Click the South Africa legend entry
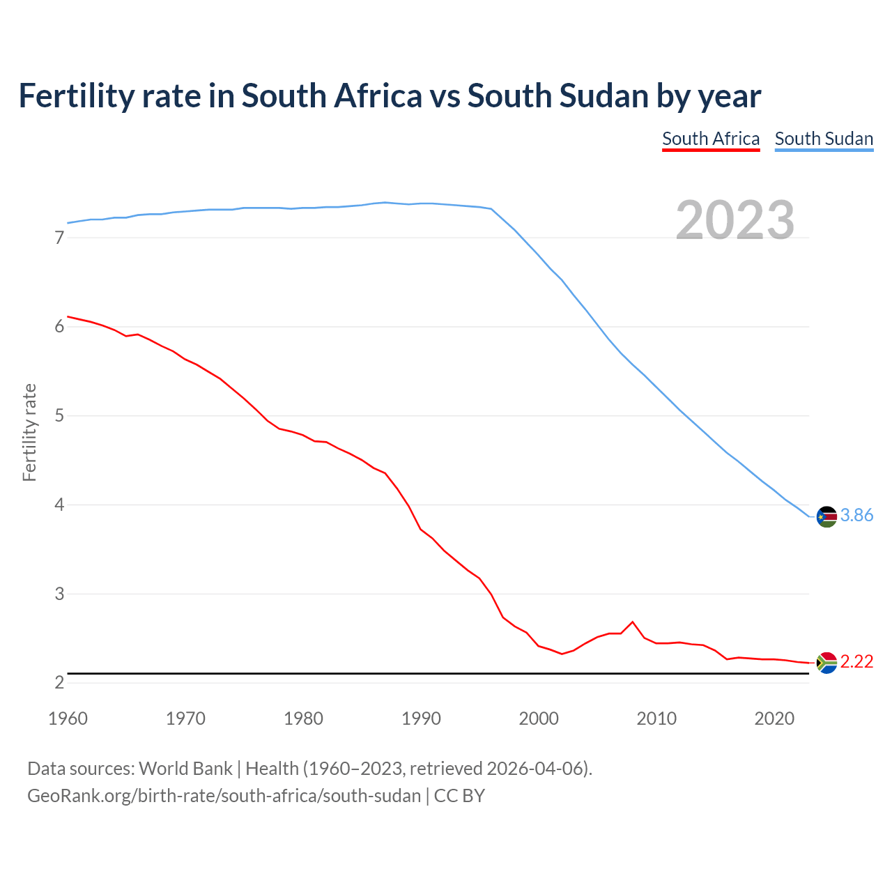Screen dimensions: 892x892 [x=711, y=139]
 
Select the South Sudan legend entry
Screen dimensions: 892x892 [x=824, y=139]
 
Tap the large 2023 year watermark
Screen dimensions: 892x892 [x=735, y=220]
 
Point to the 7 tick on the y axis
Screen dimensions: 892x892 [x=59, y=238]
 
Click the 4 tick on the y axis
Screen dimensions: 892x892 [x=59, y=505]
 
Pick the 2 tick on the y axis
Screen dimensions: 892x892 [x=59, y=683]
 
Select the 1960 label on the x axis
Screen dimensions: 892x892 [x=68, y=718]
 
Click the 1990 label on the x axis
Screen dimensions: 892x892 [x=421, y=718]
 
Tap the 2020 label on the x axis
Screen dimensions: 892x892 [x=774, y=718]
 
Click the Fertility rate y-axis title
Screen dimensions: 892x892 [x=29, y=432]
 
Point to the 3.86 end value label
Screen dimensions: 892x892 [x=856, y=516]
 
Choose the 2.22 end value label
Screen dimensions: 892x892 [x=856, y=662]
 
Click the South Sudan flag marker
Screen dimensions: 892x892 [x=826, y=517]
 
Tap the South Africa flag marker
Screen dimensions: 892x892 [x=826, y=663]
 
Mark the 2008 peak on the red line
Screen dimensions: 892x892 [x=632, y=622]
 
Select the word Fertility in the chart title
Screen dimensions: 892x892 [x=75, y=96]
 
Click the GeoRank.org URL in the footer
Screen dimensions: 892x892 [x=224, y=796]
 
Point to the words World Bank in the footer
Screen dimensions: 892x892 [x=185, y=769]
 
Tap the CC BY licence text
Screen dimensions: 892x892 [x=459, y=796]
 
